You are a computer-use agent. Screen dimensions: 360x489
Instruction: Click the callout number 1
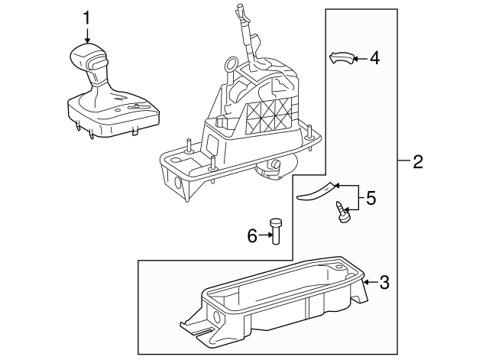(87, 17)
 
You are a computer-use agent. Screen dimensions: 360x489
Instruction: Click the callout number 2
(417, 161)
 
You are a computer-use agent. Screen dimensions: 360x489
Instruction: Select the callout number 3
(384, 283)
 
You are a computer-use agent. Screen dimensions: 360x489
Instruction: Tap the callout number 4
(374, 57)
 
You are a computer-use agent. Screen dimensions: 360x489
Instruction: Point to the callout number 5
(371, 198)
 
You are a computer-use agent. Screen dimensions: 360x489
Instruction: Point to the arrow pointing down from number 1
(87, 34)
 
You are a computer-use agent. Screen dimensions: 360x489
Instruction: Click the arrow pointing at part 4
(361, 57)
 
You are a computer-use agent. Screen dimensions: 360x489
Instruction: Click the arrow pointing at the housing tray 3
(370, 283)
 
